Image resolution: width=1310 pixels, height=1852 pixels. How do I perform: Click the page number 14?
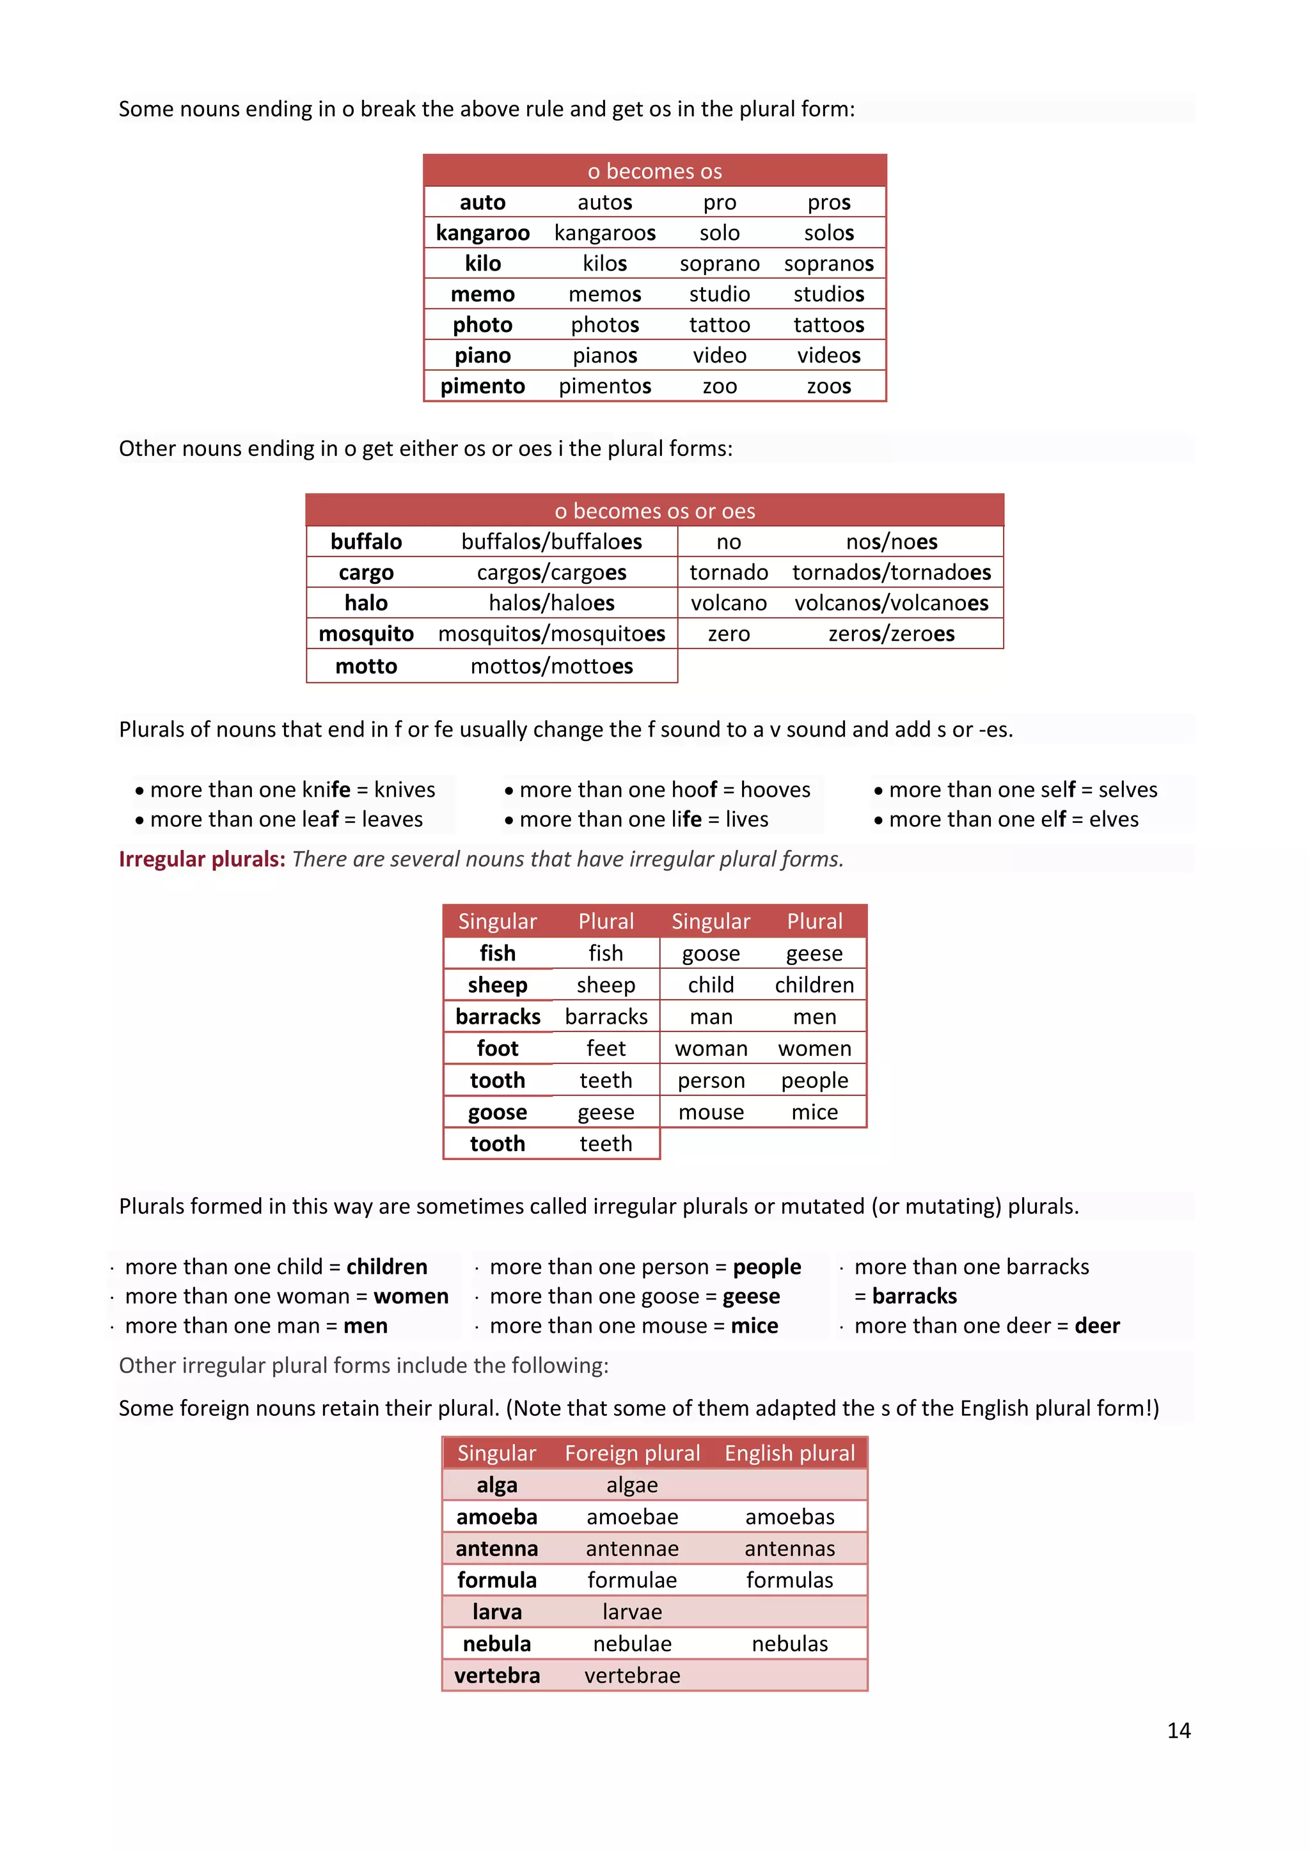(x=1178, y=1730)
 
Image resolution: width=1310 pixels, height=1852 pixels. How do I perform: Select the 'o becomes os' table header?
(x=654, y=171)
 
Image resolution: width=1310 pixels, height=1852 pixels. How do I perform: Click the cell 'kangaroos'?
(x=604, y=233)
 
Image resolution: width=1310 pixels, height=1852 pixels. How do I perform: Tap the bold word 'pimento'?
(x=482, y=386)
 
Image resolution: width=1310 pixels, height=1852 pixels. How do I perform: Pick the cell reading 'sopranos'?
(x=828, y=263)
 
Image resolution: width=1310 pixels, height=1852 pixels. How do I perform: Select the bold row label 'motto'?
(x=367, y=666)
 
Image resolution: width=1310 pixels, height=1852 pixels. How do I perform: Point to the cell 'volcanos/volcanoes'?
(x=890, y=603)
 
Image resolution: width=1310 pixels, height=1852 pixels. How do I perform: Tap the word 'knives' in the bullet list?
(x=404, y=790)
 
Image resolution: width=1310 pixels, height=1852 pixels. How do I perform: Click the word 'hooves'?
(x=775, y=790)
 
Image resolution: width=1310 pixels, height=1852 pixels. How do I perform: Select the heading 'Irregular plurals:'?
(x=201, y=859)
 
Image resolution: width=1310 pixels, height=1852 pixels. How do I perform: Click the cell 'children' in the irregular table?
(x=814, y=985)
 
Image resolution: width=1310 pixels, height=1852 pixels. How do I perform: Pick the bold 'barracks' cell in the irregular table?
(x=498, y=1016)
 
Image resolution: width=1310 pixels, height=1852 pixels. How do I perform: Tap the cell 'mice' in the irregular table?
(x=814, y=1112)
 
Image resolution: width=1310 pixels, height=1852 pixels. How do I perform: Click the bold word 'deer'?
(x=1096, y=1326)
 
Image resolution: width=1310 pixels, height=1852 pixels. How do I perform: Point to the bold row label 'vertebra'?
(x=497, y=1676)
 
